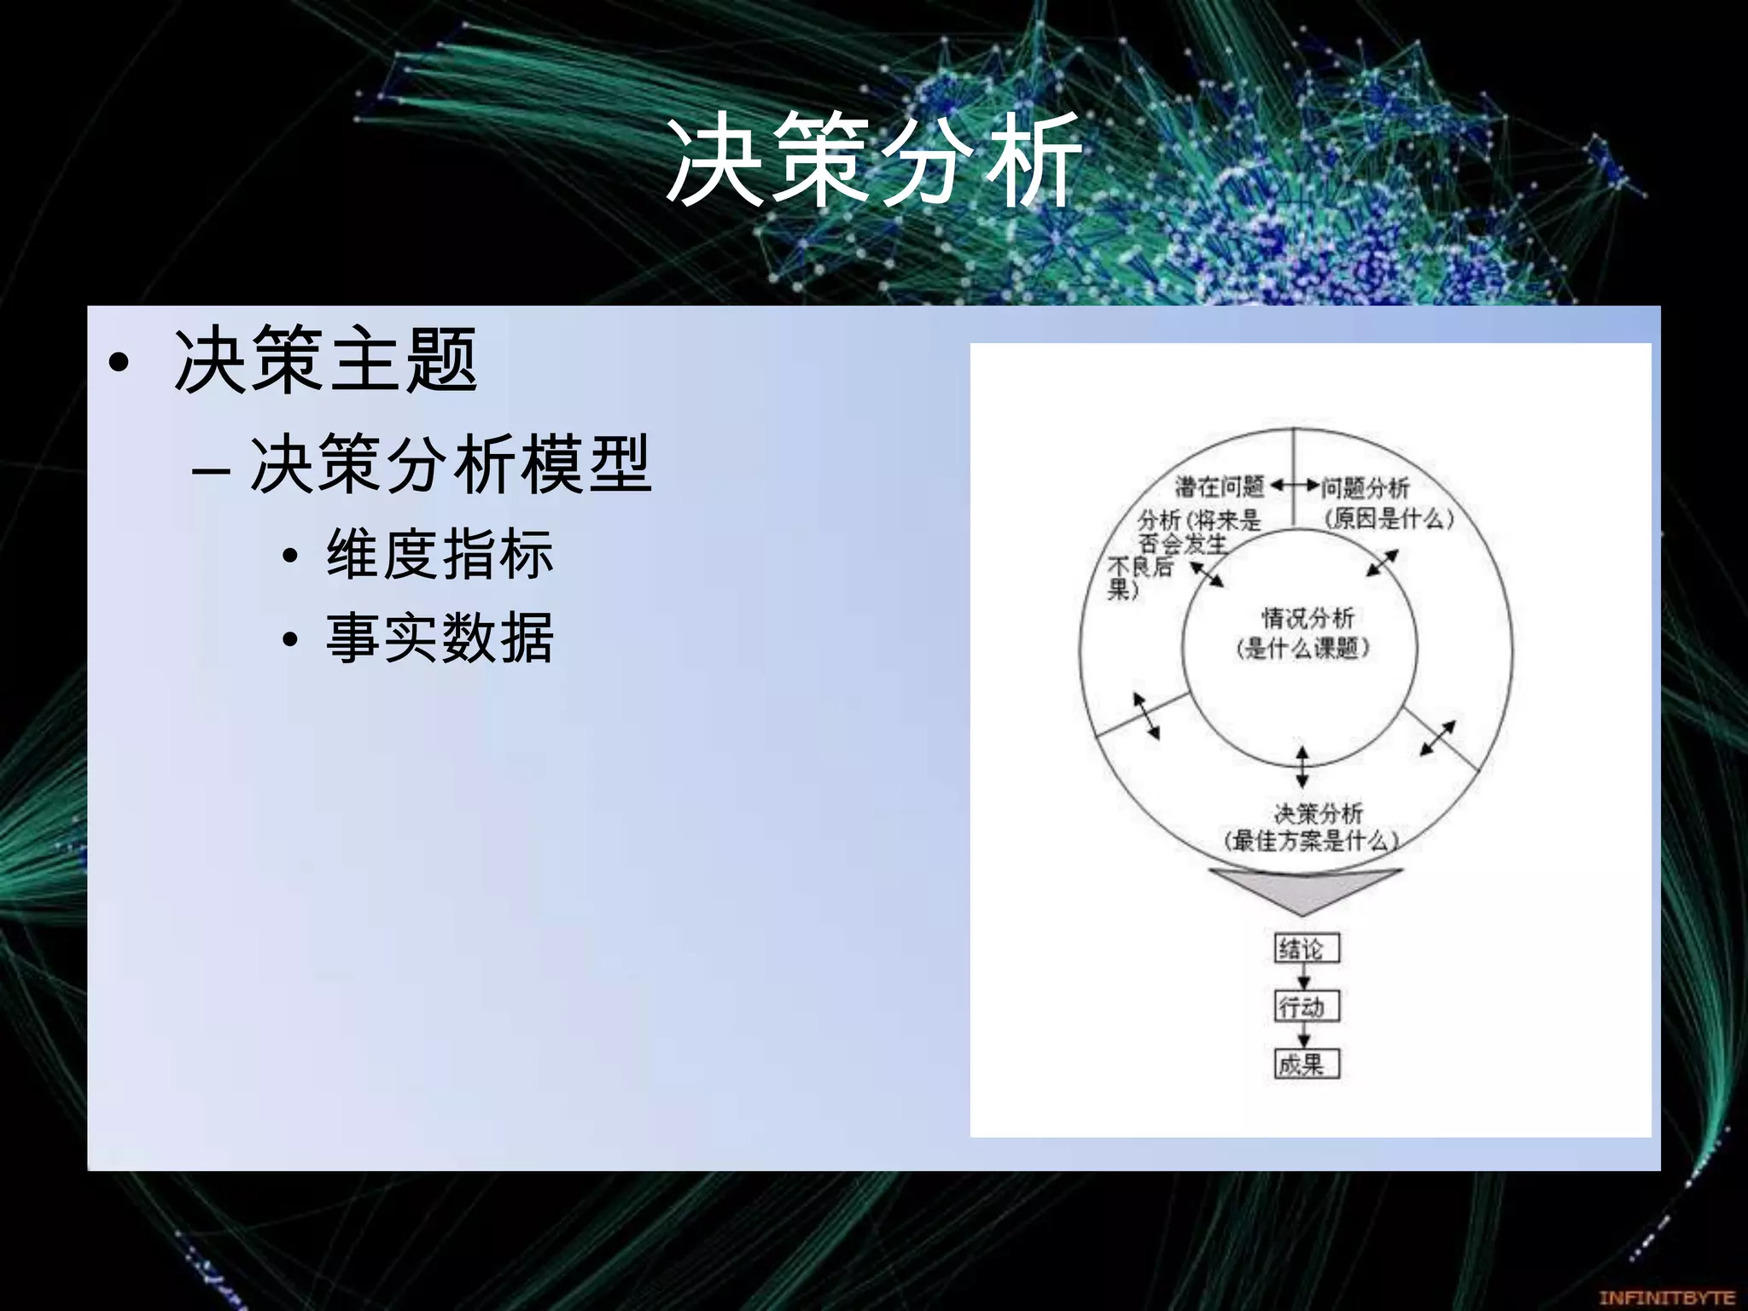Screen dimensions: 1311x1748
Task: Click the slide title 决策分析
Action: (873, 160)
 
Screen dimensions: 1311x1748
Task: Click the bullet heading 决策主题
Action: (324, 361)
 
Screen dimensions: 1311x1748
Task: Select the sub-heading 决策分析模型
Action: (450, 465)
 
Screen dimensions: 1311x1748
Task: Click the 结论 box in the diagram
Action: (1306, 948)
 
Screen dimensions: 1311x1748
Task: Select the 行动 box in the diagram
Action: (1306, 1006)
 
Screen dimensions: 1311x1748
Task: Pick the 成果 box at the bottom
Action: (1306, 1064)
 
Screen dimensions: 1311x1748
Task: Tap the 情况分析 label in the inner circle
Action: (1308, 618)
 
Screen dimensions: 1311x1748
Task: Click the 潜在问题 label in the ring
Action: (1219, 487)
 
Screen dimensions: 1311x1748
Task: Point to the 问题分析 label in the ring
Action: (1366, 488)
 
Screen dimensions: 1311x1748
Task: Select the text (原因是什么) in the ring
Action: (1389, 518)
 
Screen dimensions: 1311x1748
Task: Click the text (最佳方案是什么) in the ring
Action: (1312, 841)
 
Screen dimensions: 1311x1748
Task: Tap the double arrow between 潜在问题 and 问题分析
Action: (1294, 487)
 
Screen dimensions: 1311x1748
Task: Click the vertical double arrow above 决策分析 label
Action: (1302, 766)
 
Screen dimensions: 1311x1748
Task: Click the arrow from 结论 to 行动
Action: (1303, 976)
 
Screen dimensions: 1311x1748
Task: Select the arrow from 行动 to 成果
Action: (1303, 1034)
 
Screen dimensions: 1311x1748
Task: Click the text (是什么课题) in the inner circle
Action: (1303, 649)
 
